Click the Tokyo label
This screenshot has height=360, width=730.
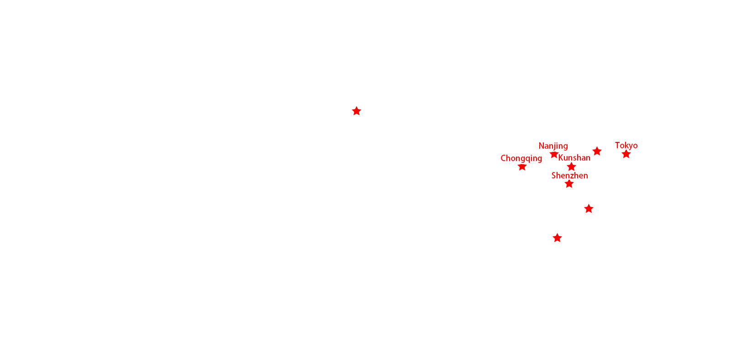[x=626, y=146]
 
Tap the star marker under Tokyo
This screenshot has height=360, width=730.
[x=626, y=154]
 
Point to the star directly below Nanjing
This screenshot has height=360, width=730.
[x=554, y=154]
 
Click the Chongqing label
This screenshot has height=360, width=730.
[x=521, y=159]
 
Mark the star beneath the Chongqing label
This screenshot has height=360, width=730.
[x=522, y=167]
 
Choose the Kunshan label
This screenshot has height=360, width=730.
[x=574, y=158]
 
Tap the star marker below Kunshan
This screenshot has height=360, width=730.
[x=571, y=167]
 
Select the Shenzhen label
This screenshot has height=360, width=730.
[x=570, y=176]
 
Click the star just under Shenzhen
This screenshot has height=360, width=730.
[x=569, y=184]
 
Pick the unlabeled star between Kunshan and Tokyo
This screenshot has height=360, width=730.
[x=597, y=151]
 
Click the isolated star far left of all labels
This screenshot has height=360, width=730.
[x=356, y=111]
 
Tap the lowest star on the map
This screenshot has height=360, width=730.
[x=557, y=238]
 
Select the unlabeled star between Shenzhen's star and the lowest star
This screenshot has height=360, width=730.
[x=589, y=209]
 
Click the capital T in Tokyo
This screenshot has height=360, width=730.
[x=618, y=145]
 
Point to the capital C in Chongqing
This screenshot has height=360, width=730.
[x=503, y=158]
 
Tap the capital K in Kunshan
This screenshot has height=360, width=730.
[x=561, y=158]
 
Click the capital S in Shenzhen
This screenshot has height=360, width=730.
[x=554, y=176]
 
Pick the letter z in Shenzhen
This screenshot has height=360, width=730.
[x=573, y=176]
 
